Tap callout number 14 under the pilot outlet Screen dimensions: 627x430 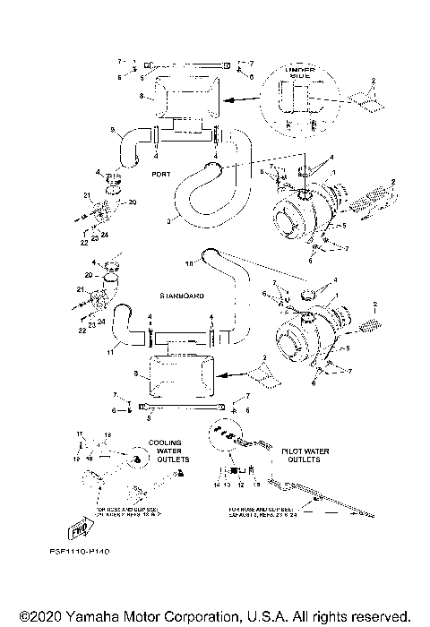pos(215,485)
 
